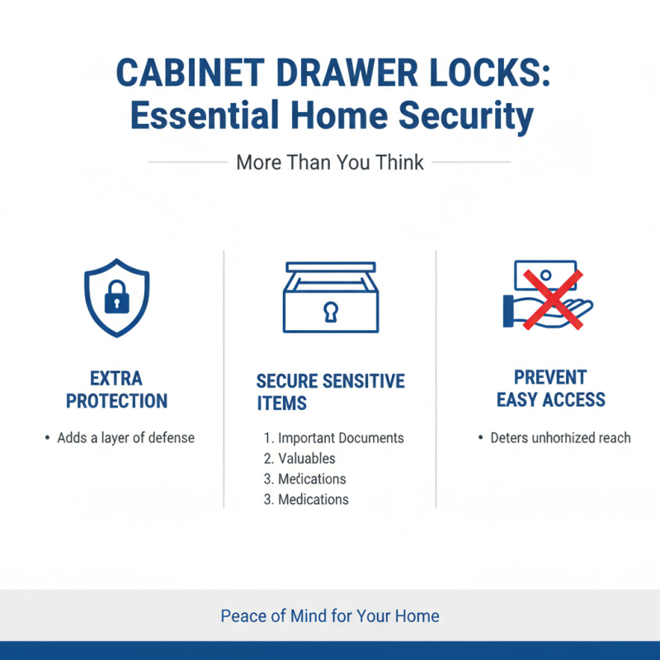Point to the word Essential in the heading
point(206,115)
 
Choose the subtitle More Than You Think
point(330,162)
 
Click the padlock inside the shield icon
point(116,298)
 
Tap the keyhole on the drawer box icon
point(331,311)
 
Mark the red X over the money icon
point(551,298)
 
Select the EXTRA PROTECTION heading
point(116,390)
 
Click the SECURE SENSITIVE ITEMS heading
point(330,392)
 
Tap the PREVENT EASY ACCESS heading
point(550,389)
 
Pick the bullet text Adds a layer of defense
point(125,438)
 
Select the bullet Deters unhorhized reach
point(560,438)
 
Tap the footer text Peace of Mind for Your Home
point(330,616)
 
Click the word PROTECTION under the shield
point(116,402)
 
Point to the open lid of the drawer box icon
point(330,267)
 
